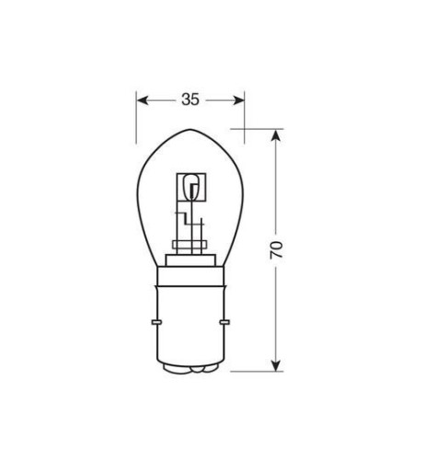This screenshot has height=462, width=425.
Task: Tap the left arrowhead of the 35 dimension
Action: point(142,98)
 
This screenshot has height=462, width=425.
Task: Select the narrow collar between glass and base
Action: point(190,259)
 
